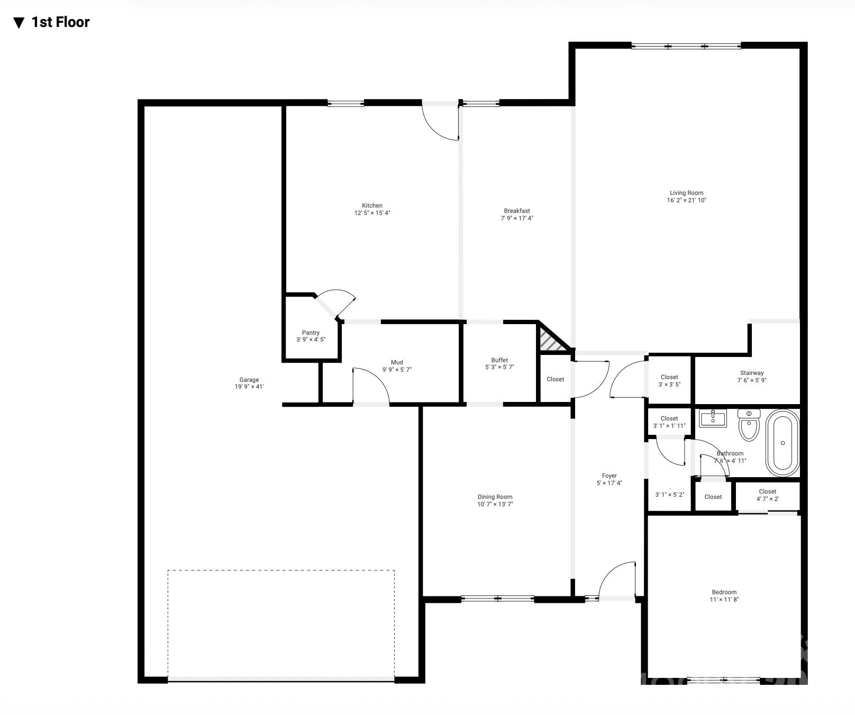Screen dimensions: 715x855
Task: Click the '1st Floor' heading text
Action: tap(60, 22)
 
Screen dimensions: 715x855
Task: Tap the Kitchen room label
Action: tap(372, 205)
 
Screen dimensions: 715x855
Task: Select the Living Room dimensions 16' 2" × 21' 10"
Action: tap(686, 200)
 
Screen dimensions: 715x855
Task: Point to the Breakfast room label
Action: tap(516, 211)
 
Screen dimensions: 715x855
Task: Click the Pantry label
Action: tap(311, 333)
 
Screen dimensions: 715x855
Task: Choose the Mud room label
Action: tap(397, 362)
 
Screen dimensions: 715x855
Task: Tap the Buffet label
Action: tap(499, 360)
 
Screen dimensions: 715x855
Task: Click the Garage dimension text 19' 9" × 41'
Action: tap(249, 387)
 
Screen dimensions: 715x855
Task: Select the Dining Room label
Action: tap(495, 497)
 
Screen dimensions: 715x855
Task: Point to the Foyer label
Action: tap(609, 476)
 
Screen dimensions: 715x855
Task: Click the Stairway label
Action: tap(751, 373)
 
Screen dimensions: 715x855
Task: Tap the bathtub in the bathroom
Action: tap(783, 443)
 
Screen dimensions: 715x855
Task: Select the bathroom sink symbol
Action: tap(713, 418)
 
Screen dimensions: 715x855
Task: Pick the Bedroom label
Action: tap(724, 592)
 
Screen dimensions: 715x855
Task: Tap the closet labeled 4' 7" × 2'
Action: tap(767, 495)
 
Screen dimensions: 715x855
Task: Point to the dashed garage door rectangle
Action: tap(281, 625)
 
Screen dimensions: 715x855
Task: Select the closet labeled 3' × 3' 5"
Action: tap(669, 381)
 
